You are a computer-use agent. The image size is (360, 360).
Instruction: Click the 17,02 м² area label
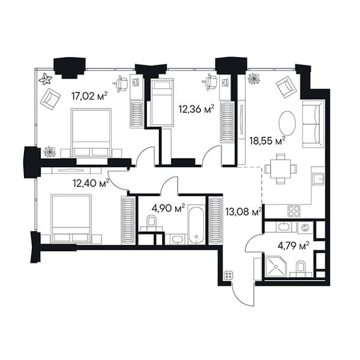point(89,96)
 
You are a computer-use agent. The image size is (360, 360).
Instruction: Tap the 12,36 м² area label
point(197,109)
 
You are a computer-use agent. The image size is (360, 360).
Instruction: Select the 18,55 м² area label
point(268,140)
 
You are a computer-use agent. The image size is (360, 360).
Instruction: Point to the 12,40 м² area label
point(91,183)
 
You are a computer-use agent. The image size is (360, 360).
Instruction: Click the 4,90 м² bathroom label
point(168,208)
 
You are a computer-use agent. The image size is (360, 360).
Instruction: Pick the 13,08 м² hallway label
point(244,211)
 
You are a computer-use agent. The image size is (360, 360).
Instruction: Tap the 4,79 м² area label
point(293,246)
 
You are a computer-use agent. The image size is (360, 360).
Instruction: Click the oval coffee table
point(287,123)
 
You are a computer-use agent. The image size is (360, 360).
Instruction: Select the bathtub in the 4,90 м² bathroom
point(196,225)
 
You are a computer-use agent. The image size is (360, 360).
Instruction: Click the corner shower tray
point(275,267)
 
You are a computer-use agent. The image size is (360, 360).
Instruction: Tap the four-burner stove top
point(294,211)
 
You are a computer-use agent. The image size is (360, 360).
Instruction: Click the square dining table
point(281,169)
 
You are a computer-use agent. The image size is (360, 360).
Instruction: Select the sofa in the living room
point(313,124)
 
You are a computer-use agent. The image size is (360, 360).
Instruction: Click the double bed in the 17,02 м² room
point(91,133)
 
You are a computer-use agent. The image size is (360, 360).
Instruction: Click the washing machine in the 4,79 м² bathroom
point(305,228)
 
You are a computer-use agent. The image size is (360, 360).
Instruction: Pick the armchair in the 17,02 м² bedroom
point(50,100)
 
